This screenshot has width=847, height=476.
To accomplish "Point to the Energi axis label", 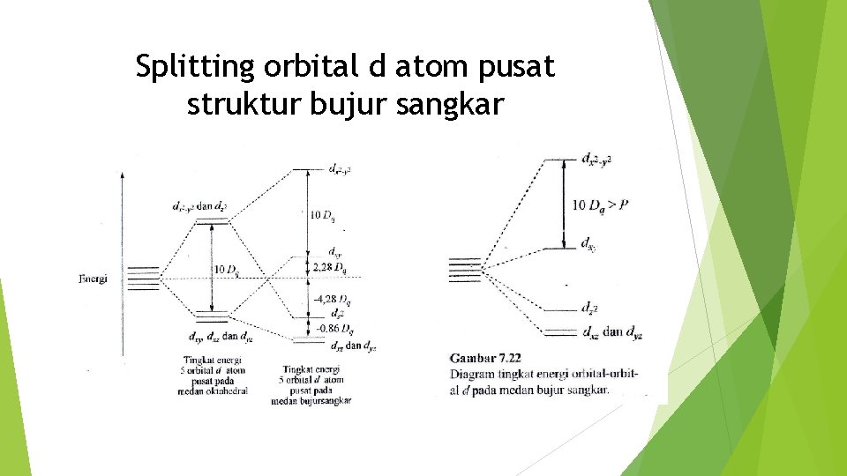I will (93, 279).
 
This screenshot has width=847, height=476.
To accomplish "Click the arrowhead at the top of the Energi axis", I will (122, 175).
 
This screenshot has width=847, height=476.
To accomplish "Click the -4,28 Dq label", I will (332, 300).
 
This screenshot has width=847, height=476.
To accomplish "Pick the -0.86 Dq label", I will (333, 330).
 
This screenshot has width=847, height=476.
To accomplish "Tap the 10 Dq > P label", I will (600, 205).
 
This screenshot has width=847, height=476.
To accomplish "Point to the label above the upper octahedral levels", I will (200, 207).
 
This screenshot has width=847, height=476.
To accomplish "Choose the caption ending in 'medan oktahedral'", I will (215, 375).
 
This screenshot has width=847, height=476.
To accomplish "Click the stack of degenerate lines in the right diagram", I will (465, 270).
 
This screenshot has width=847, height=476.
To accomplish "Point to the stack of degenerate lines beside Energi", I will (143, 278).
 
